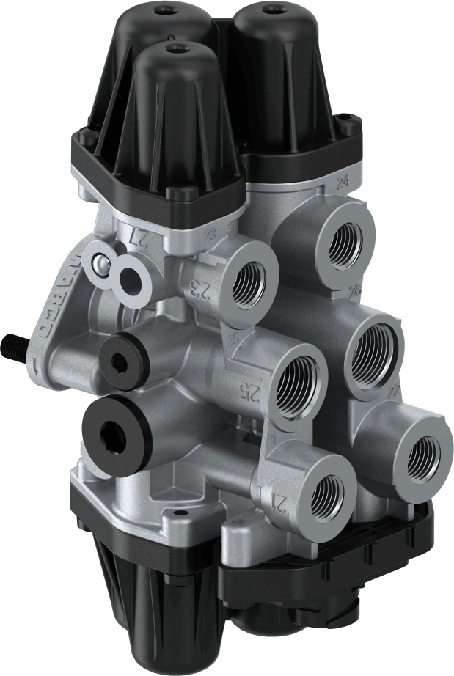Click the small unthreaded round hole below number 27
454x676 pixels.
tap(133, 279)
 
